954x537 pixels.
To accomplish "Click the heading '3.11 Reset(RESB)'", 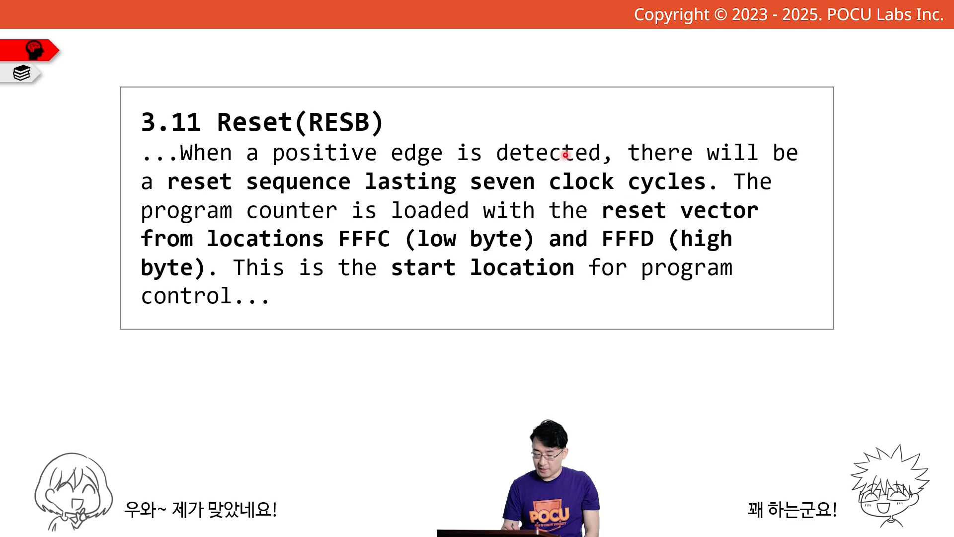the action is (262, 122).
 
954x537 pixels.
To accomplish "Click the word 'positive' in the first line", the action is (324, 153).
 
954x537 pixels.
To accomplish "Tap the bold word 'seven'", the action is (502, 182).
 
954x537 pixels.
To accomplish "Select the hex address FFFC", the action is (364, 239).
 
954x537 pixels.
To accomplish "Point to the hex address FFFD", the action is (628, 239).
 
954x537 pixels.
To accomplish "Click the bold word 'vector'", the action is (719, 211).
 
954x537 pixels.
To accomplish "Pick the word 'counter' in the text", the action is (292, 211).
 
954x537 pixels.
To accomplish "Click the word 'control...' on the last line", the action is (205, 296).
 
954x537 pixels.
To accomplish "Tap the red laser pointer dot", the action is (565, 155).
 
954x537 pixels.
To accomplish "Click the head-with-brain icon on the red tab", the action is (34, 50).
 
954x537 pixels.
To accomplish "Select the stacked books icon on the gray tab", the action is (21, 73).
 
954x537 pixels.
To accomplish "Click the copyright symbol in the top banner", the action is (720, 14).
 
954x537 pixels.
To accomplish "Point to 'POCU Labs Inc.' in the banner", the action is (885, 14).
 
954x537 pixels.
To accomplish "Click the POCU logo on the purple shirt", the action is (550, 514).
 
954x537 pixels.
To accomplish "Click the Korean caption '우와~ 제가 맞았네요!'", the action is (200, 509).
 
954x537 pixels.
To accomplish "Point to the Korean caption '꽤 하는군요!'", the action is (793, 509).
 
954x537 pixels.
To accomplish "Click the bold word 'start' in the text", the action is (423, 268).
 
